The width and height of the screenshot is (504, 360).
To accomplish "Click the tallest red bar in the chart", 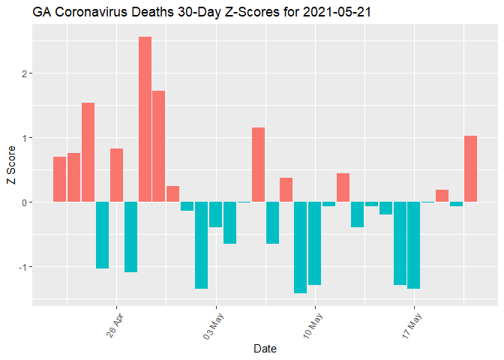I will click(x=145, y=119).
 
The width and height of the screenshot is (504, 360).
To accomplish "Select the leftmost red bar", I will click(x=59, y=179).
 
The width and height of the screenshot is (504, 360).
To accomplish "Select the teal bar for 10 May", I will click(x=314, y=243).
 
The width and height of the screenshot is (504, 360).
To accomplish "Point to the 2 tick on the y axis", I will click(x=24, y=73).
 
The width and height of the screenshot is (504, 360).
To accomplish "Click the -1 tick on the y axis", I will click(x=22, y=267).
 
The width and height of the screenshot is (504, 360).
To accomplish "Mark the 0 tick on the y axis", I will click(x=24, y=202).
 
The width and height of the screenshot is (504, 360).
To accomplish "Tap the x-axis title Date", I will click(x=265, y=348).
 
